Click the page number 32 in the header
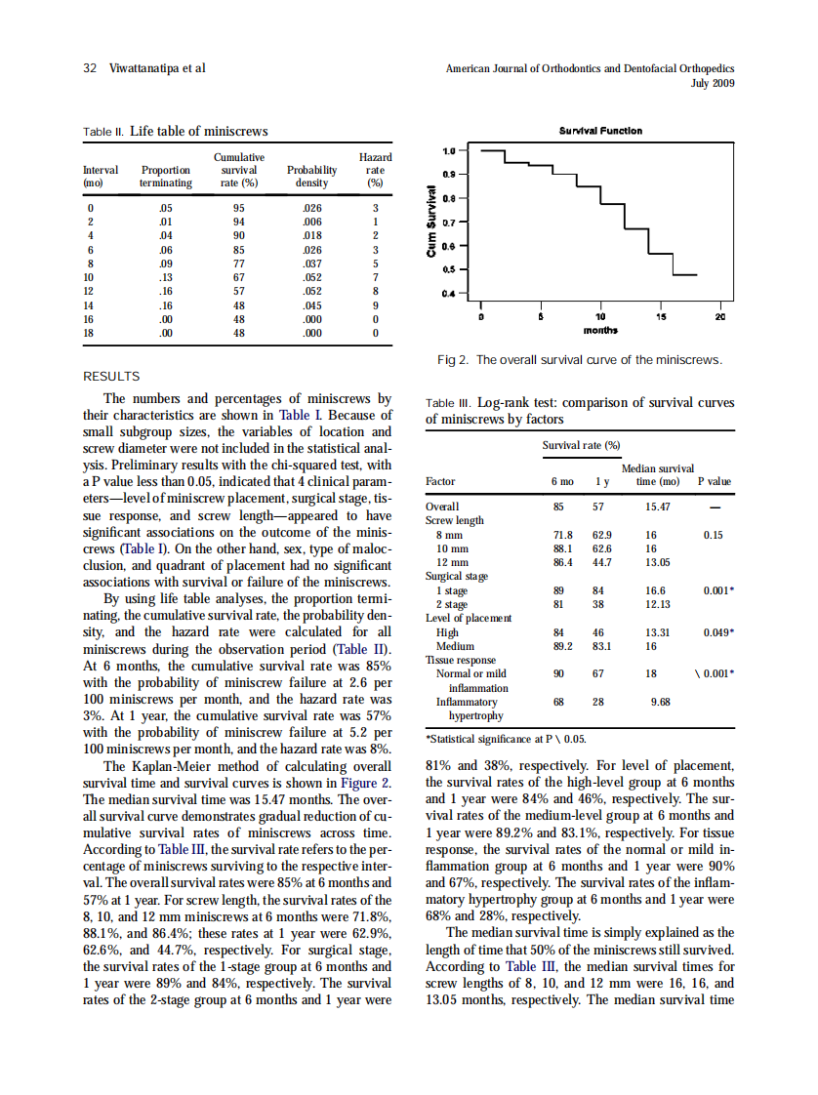89,69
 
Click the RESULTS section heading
111,376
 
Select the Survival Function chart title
600,131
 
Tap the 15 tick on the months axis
661,316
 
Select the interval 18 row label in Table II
91,332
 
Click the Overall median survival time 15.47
657,506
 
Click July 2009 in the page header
713,83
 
